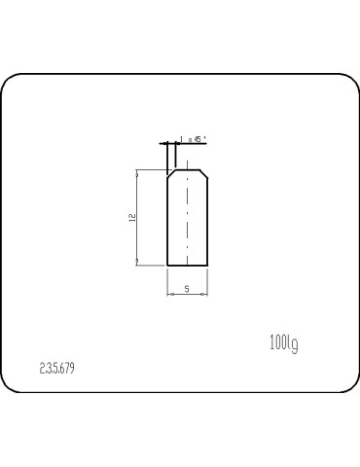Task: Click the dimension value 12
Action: [x=131, y=218]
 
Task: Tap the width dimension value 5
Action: [x=186, y=289]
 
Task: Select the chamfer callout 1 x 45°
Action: [x=191, y=140]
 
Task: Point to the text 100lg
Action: [x=283, y=342]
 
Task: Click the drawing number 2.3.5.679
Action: [x=57, y=369]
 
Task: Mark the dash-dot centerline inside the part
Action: [x=187, y=219]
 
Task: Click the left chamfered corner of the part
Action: [x=171, y=173]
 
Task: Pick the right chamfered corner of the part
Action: [x=203, y=173]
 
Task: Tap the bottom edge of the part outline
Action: [x=187, y=265]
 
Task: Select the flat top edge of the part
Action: [x=187, y=169]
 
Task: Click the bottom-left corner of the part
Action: [x=167, y=265]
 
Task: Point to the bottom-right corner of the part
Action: [x=207, y=265]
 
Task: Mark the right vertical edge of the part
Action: [x=207, y=224]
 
